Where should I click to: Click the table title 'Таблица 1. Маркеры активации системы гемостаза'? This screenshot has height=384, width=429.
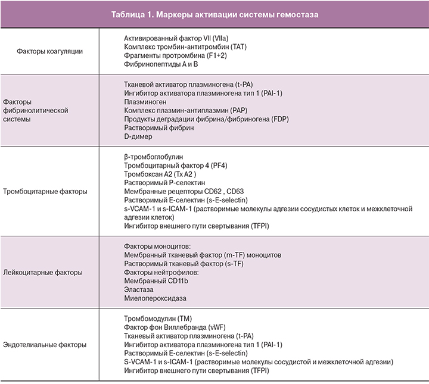click(214, 13)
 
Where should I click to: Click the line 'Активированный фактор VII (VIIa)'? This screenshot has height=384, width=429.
click(180, 37)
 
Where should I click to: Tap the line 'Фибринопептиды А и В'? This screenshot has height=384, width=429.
click(161, 64)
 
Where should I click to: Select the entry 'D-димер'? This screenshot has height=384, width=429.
click(139, 136)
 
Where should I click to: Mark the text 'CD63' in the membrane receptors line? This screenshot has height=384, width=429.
click(226, 192)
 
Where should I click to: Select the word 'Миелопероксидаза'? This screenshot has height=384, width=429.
click(154, 298)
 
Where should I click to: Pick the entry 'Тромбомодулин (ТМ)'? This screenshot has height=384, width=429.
click(158, 318)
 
